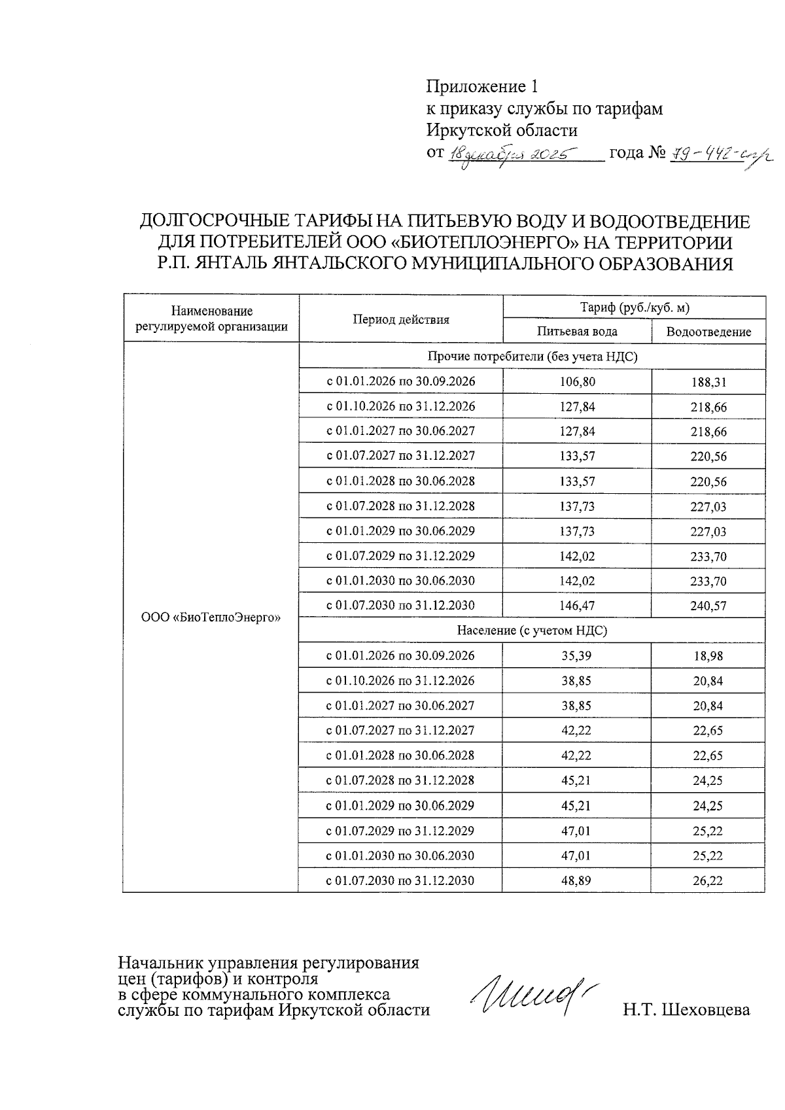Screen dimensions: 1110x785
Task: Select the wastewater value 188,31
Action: pos(708,382)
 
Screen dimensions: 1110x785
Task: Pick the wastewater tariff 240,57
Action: pos(708,606)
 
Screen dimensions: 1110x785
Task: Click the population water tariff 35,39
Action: pos(576,655)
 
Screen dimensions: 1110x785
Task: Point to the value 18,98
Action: pos(708,656)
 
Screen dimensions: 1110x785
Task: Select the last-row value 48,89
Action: pos(576,880)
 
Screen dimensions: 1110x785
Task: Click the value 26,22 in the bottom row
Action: pos(708,881)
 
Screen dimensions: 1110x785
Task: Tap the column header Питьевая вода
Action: pos(577,331)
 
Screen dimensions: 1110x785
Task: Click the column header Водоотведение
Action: pos(708,332)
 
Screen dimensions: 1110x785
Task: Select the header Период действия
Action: pos(401,319)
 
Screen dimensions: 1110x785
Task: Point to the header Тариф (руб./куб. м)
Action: pos(635,307)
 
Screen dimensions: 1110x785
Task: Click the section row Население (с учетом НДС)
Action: pos(532,631)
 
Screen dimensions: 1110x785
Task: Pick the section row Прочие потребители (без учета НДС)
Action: pos(532,356)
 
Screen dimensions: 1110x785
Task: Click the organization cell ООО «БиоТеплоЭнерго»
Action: pos(211,617)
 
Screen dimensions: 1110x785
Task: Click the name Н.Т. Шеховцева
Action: pos(686,1010)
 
